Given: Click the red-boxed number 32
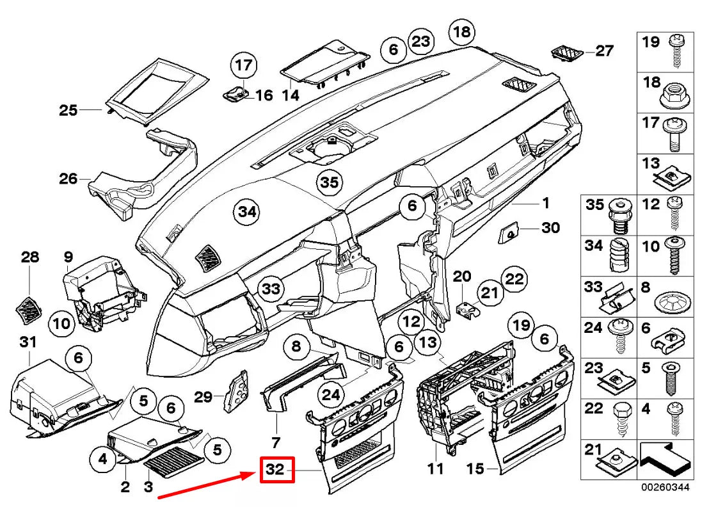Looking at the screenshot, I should pyautogui.click(x=276, y=469).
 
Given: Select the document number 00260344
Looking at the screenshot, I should pyautogui.click(x=666, y=488).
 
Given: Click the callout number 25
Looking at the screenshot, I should pyautogui.click(x=68, y=111).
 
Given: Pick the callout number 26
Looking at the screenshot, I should pyautogui.click(x=68, y=179).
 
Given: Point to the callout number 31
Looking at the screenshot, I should pyautogui.click(x=28, y=342).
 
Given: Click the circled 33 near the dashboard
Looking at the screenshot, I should pyautogui.click(x=271, y=289).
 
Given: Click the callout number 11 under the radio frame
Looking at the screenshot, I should pyautogui.click(x=435, y=470).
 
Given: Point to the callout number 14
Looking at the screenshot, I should pyautogui.click(x=291, y=95).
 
